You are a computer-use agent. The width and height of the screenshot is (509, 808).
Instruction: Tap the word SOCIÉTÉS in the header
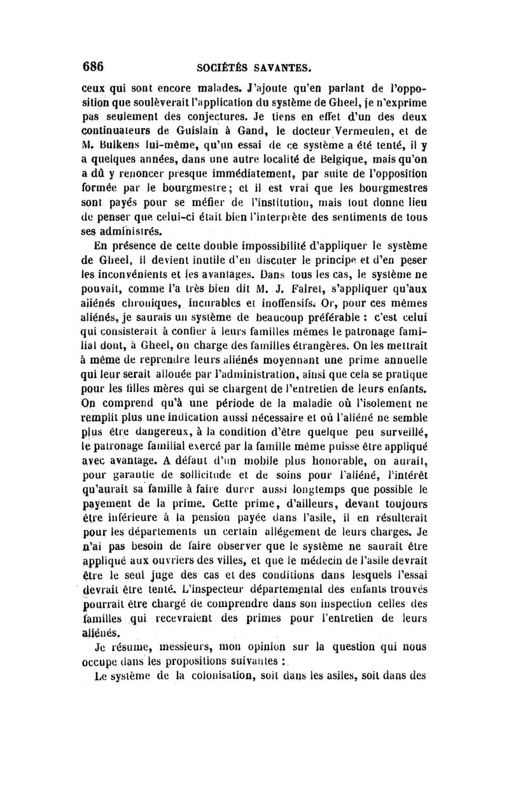pos(222,67)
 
